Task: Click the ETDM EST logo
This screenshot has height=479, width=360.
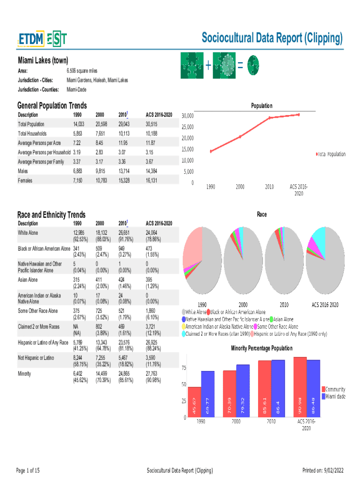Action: click(43, 39)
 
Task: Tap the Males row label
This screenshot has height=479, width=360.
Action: click(25, 171)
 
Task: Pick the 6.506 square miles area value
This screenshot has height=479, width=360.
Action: click(82, 71)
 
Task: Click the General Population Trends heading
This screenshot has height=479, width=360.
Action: click(51, 106)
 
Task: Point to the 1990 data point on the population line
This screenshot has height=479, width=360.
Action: click(211, 151)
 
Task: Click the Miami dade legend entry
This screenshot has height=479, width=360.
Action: click(335, 397)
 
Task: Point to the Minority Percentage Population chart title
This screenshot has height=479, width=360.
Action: click(262, 348)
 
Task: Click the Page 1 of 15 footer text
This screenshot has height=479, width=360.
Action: click(28, 470)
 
